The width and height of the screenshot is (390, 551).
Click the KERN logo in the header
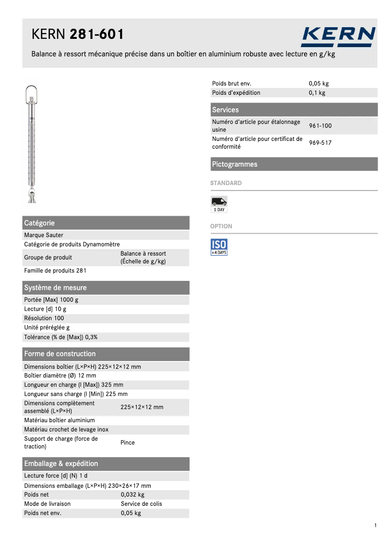point(338,36)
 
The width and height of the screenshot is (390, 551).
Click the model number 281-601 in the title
point(97,34)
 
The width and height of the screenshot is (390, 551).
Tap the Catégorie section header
point(39,223)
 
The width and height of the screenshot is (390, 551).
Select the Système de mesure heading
point(55,288)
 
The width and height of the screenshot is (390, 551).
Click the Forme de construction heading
point(60,354)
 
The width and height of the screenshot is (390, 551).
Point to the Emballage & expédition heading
point(61,464)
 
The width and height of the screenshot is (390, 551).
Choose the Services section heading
point(225,110)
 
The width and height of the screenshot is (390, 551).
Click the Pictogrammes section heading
point(234,164)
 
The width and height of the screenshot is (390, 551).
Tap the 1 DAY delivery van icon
point(219,204)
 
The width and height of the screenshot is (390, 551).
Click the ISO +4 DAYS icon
point(219,247)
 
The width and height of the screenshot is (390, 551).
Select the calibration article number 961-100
point(320,126)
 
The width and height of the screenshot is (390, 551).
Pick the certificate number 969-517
point(320,143)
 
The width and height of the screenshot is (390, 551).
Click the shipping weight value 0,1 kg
point(317,93)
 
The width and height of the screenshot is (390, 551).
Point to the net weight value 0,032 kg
point(132,495)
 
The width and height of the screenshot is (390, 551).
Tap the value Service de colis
point(142,504)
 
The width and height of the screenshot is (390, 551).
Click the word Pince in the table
point(127,443)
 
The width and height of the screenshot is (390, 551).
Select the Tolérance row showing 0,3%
point(63,337)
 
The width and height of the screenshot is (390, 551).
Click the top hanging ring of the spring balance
point(32,92)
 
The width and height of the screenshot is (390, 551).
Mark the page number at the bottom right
point(376,525)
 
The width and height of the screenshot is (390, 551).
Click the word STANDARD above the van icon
point(226,183)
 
